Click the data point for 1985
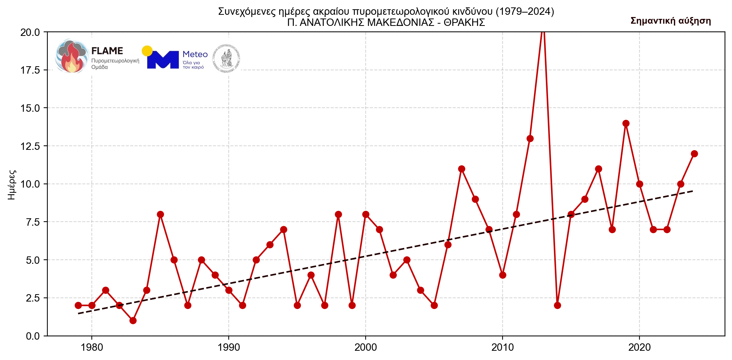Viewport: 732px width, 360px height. pos(160,214)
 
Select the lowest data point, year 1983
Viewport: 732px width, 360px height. pos(133,320)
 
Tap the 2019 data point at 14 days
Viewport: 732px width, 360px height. pos(626,123)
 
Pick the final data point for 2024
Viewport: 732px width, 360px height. pos(694,154)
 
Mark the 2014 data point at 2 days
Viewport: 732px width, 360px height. pos(557,305)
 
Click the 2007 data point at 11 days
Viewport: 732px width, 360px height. pos(461,169)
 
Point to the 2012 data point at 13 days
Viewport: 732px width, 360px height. pos(530,138)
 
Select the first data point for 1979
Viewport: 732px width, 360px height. pos(78,305)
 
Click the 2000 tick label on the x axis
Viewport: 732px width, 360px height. pos(366,347)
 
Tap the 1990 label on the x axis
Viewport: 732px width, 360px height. pos(229,347)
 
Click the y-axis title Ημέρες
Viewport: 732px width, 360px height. pos(12,184)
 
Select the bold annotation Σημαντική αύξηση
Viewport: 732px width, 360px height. pos(671,21)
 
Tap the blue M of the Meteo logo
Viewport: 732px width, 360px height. pos(163,60)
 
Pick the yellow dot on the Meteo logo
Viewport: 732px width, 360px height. pos(147,51)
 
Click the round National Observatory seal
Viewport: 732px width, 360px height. pos(226,58)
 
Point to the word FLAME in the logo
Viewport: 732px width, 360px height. pos(107,51)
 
